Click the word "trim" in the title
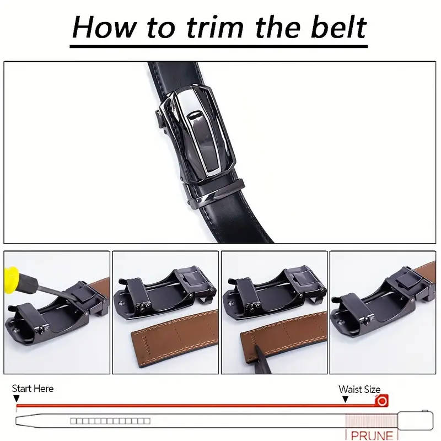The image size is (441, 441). tap(215, 27)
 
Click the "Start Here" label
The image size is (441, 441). tap(33, 389)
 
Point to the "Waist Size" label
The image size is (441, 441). tap(359, 389)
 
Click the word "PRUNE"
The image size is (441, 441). tap(372, 435)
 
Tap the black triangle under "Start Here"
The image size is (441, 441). tap(17, 399)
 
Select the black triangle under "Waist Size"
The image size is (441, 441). tap(345, 399)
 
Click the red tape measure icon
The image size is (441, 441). tap(381, 401)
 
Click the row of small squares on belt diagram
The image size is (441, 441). tap(110, 421)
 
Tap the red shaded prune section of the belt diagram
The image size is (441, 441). tap(371, 421)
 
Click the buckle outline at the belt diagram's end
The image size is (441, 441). tap(415, 421)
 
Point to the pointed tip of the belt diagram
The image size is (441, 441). tap(16, 421)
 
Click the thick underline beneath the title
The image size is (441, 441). tap(218, 46)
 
